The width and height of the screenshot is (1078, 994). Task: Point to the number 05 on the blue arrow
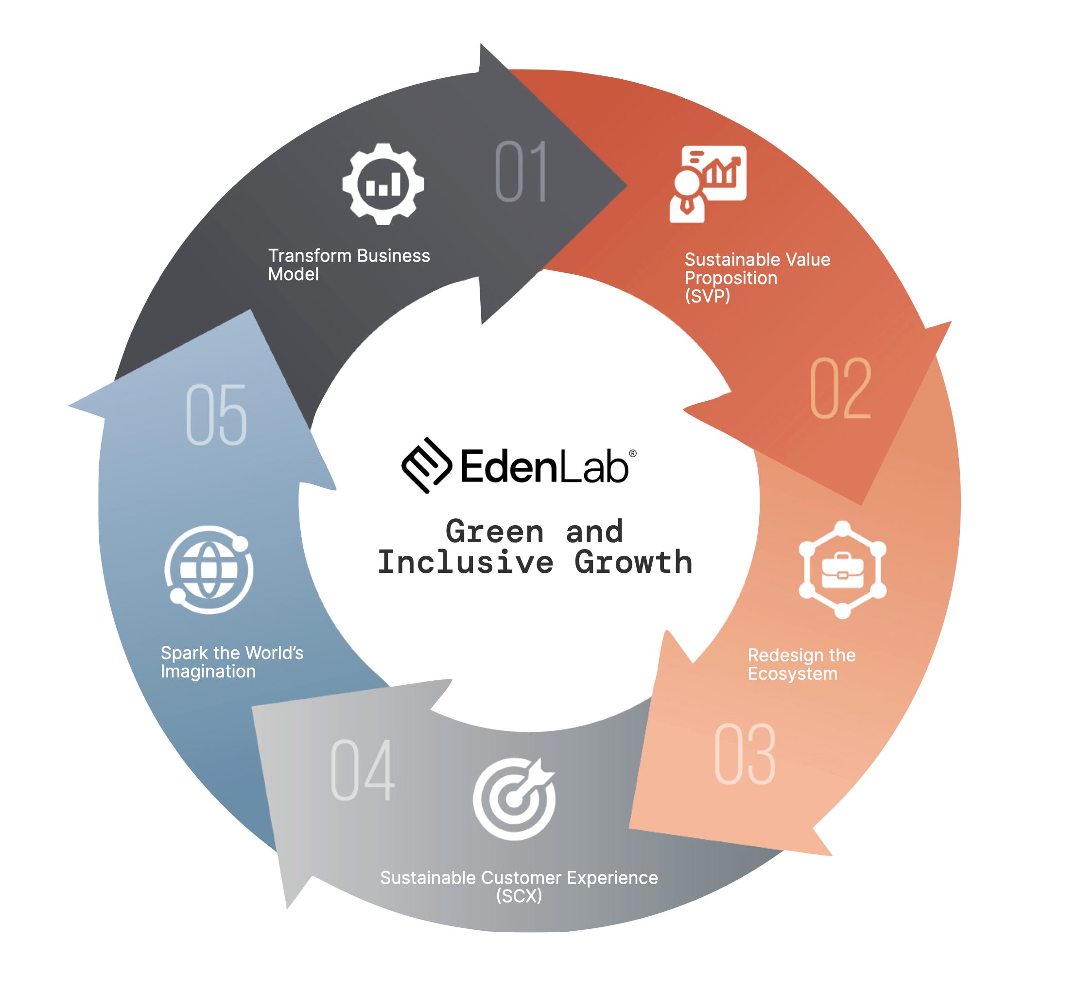click(x=216, y=414)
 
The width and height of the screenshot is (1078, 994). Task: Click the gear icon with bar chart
click(x=383, y=184)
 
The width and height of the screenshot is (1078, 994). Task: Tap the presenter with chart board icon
click(x=707, y=183)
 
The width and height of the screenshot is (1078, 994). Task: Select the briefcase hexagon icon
click(x=842, y=569)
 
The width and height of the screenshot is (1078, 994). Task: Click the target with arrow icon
click(x=514, y=798)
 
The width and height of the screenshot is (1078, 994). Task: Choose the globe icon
click(x=209, y=569)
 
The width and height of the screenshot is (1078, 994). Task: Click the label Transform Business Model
click(x=348, y=265)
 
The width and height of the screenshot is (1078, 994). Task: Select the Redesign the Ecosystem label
click(x=800, y=664)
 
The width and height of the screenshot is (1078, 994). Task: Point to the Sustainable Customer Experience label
click(x=519, y=878)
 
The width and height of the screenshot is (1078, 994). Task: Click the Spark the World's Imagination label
click(x=232, y=662)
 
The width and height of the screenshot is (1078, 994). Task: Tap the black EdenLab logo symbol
click(x=426, y=465)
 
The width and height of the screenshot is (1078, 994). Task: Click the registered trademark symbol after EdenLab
click(x=632, y=453)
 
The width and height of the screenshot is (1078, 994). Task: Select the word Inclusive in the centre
click(x=466, y=563)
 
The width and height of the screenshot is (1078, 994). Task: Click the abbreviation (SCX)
click(x=519, y=896)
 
